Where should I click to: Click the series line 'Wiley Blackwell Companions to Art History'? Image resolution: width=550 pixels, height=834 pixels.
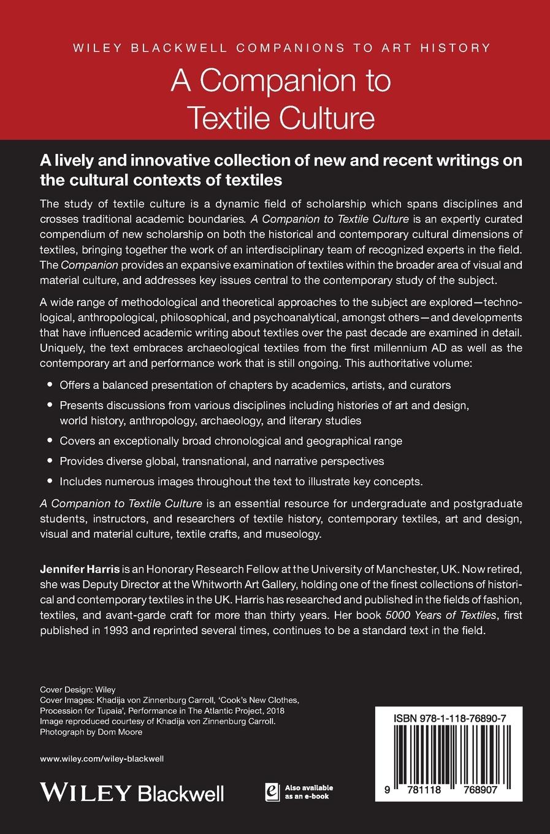[x=275, y=48]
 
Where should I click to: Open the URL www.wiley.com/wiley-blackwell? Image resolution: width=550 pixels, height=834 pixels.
[x=102, y=759]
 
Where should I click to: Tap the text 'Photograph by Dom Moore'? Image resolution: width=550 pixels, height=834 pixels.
[x=91, y=732]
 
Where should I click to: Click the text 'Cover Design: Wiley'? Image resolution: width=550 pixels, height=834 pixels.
[x=78, y=689]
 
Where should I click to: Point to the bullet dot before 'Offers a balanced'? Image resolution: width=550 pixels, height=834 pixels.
[x=50, y=385]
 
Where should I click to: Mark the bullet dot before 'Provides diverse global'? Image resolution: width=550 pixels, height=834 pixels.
[x=50, y=461]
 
